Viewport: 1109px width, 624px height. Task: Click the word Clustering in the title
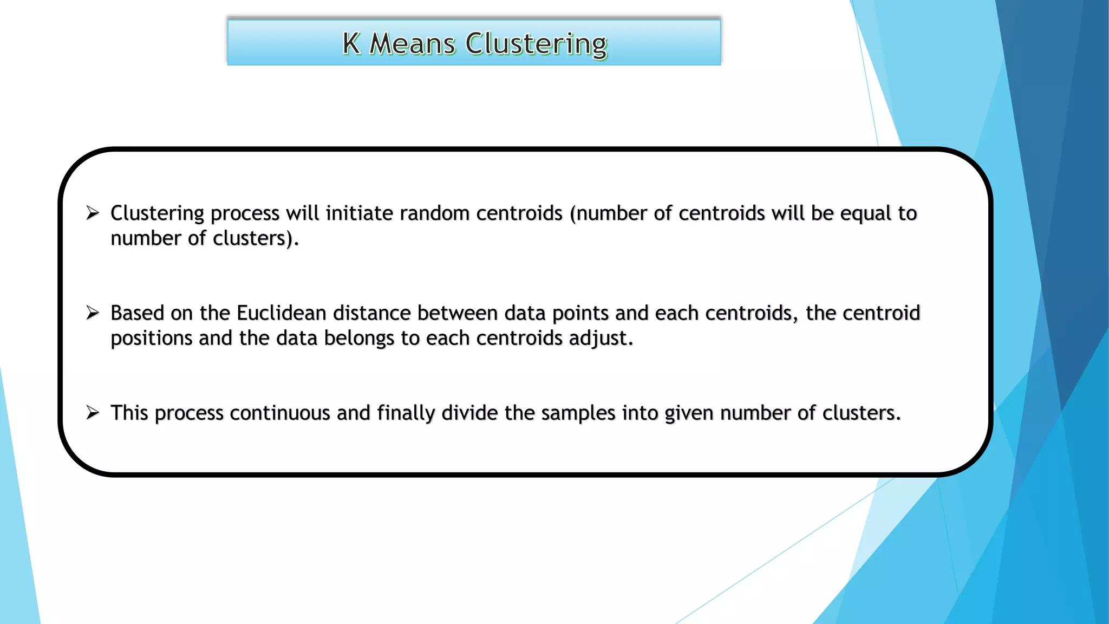click(x=536, y=44)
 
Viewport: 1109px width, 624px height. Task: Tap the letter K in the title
click(x=351, y=43)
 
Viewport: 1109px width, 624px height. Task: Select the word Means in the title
click(x=412, y=43)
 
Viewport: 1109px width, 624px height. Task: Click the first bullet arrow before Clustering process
click(x=93, y=213)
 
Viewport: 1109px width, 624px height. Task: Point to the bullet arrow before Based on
click(x=93, y=313)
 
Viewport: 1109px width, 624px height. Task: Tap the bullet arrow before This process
click(x=93, y=413)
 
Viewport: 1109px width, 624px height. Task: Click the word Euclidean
click(x=281, y=313)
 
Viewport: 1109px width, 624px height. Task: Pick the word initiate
click(x=359, y=213)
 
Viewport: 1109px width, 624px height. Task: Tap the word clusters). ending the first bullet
click(x=256, y=238)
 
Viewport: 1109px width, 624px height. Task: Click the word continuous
click(x=280, y=413)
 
